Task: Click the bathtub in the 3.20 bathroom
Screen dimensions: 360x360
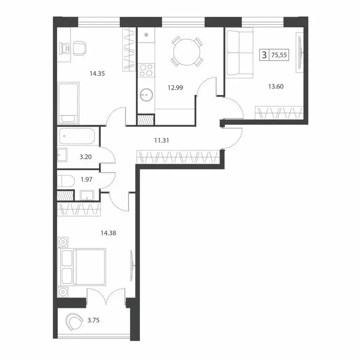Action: click(x=77, y=137)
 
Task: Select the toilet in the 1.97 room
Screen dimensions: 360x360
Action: click(x=66, y=180)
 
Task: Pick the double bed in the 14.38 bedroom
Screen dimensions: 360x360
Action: click(x=82, y=267)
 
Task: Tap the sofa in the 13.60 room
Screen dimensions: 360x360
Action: click(x=239, y=53)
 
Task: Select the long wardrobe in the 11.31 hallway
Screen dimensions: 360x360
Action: click(x=178, y=157)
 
